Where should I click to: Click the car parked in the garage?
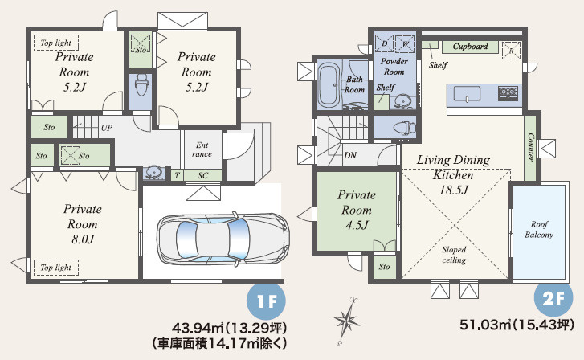click(x=223, y=239)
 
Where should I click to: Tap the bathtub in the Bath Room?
click(x=329, y=85)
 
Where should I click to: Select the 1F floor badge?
click(x=267, y=301)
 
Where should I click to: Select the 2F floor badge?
click(x=553, y=298)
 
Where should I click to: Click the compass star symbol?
click(x=347, y=320)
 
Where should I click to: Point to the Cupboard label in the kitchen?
click(x=471, y=47)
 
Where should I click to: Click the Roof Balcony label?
click(x=539, y=230)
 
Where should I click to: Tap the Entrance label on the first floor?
click(x=202, y=149)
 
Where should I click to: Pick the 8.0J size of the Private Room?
click(x=83, y=239)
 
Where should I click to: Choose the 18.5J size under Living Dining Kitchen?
click(x=453, y=190)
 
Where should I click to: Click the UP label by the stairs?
click(x=107, y=128)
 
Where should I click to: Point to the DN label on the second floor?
click(x=350, y=155)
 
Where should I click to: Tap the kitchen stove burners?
click(x=508, y=92)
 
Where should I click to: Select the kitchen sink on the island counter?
click(x=467, y=94)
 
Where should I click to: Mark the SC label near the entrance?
click(x=202, y=175)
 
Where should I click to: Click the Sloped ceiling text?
click(x=454, y=255)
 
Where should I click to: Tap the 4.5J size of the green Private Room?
click(x=357, y=226)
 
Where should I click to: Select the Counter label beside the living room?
click(x=531, y=147)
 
